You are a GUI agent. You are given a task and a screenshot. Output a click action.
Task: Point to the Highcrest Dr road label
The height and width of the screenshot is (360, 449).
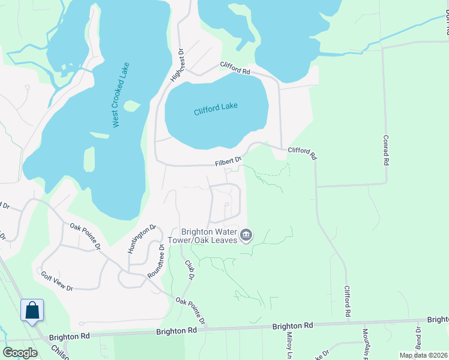coord(176,65)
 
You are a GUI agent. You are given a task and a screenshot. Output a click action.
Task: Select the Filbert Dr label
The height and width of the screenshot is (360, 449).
coord(228,161)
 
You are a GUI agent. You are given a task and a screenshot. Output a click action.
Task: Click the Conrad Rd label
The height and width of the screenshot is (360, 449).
coord(385,150)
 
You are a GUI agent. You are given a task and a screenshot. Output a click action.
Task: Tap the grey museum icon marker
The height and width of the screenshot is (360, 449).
coord(246,235)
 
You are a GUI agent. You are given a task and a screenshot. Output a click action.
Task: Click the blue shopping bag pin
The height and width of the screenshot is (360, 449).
coord(32,311)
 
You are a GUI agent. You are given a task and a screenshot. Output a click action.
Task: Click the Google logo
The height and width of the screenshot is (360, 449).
coord(20,353)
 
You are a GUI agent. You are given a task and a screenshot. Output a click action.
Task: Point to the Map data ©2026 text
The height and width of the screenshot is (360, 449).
coord(423,355)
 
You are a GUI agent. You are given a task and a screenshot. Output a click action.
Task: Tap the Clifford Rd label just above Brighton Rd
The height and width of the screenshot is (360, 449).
coord(347,301)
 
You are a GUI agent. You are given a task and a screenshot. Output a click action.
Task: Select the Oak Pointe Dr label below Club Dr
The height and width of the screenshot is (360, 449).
coord(191,310)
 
